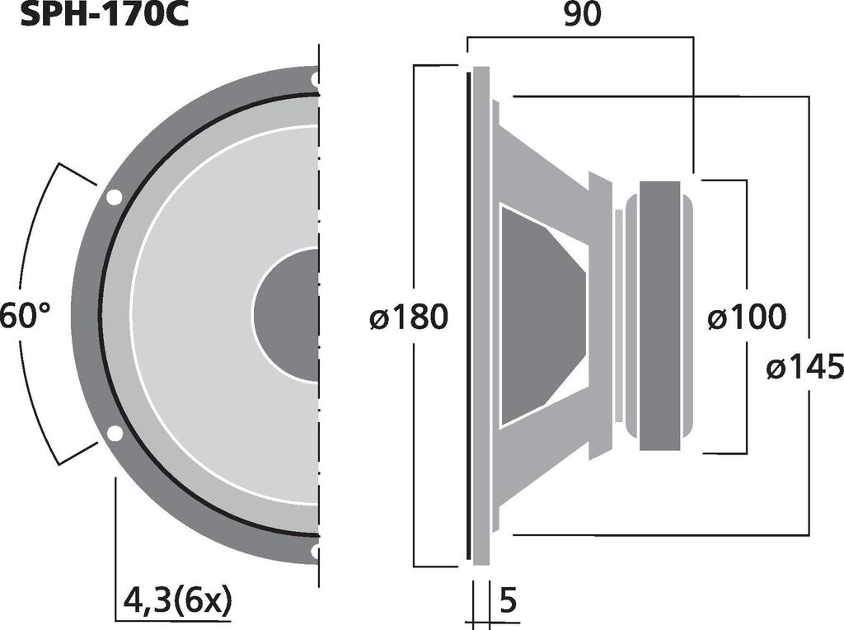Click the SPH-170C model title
pos(105,14)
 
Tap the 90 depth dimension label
pos(582,15)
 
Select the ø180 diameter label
pos(409,317)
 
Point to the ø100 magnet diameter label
pos(747,317)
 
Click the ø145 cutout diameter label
pos(805,368)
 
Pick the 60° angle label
pos(26,315)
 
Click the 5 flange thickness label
pos(508,600)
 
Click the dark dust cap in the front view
pos(286,314)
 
